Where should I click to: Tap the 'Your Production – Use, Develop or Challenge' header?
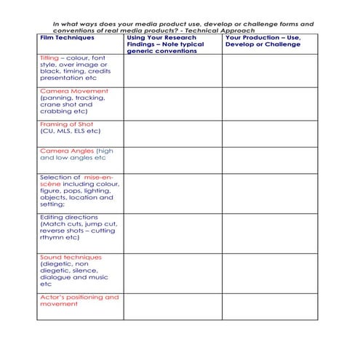click(262, 41)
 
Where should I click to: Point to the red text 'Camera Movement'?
click(73, 91)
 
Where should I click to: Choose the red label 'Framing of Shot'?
click(67, 124)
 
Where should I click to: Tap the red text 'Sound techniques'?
click(71, 257)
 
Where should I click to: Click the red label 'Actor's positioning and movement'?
click(79, 300)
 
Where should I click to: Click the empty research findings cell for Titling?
click(172, 69)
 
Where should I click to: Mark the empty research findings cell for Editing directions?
click(172, 232)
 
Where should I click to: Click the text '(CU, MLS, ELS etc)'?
click(70, 132)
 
